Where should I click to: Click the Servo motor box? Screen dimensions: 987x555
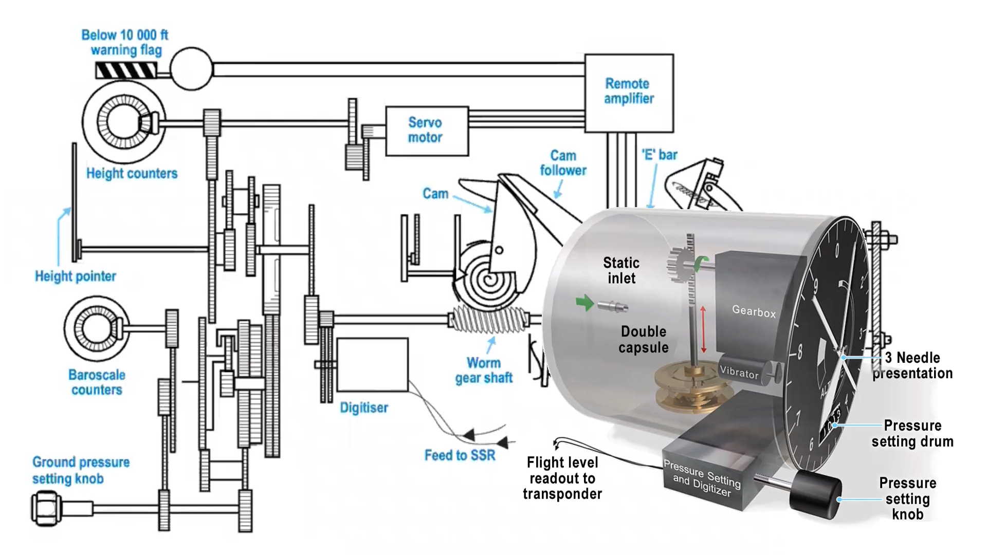click(427, 131)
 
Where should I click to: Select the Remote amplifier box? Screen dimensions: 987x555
click(629, 93)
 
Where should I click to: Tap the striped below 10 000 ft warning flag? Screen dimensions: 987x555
click(126, 70)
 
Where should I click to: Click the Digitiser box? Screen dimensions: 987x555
click(372, 365)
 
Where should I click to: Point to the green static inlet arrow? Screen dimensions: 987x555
click(585, 303)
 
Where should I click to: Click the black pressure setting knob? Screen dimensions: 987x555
click(816, 496)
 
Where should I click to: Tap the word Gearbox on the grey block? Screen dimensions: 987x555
click(754, 311)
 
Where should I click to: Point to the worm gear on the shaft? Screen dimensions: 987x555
click(489, 320)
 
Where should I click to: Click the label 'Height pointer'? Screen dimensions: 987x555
click(76, 276)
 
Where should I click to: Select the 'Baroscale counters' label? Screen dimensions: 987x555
click(97, 382)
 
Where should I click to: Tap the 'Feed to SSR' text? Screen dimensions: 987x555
click(460, 455)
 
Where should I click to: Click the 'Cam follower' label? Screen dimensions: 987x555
click(563, 163)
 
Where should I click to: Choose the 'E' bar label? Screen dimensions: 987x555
click(660, 155)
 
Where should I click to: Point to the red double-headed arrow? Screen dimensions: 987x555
click(703, 329)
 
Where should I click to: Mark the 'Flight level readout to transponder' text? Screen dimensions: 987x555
click(562, 478)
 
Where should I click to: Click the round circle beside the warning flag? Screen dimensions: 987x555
click(191, 69)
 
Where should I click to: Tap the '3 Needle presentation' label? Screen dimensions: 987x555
click(913, 365)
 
